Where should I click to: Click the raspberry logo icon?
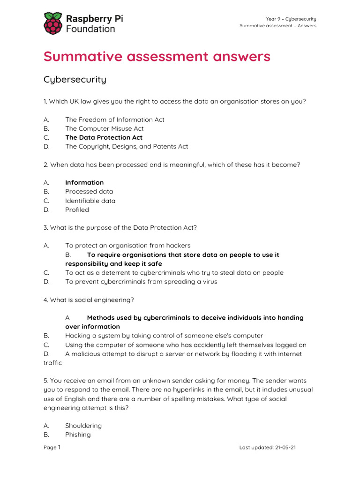[52, 23]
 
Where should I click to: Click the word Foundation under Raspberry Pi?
[90, 29]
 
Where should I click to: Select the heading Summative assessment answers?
[157, 57]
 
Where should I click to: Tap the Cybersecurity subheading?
[75, 79]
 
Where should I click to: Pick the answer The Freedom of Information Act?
[114, 120]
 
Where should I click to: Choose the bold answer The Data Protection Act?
[104, 137]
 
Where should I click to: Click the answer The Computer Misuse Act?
[104, 128]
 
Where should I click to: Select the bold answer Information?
[84, 182]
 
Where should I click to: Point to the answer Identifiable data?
[90, 201]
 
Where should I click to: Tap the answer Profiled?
[77, 210]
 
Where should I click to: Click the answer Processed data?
[89, 191]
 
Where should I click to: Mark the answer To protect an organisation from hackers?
[127, 246]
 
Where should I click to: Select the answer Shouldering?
[83, 426]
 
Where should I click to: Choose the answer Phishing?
[78, 435]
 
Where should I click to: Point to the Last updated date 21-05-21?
[267, 448]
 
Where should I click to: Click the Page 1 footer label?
[52, 448]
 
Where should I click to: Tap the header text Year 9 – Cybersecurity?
[291, 19]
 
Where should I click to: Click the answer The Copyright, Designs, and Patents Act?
[126, 146]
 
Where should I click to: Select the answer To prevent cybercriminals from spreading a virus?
[141, 282]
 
